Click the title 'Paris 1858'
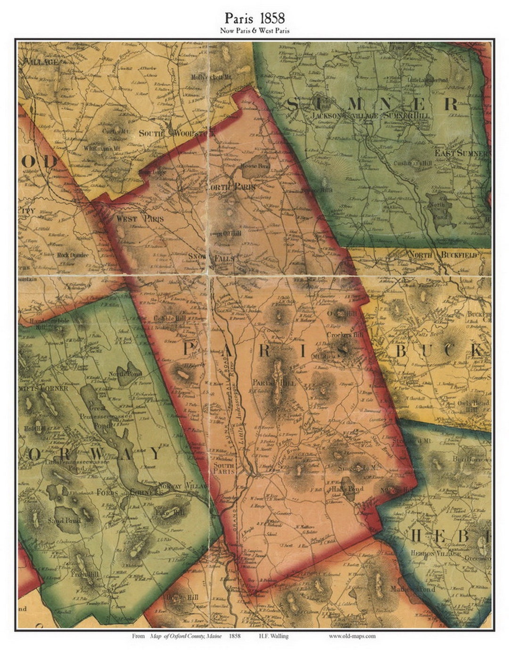click(x=254, y=18)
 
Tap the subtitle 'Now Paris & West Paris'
click(x=254, y=31)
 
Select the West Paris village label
click(x=140, y=219)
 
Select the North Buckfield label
click(x=443, y=255)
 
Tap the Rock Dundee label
click(x=73, y=255)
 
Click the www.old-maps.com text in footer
click(x=352, y=636)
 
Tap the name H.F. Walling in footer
click(x=273, y=636)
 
